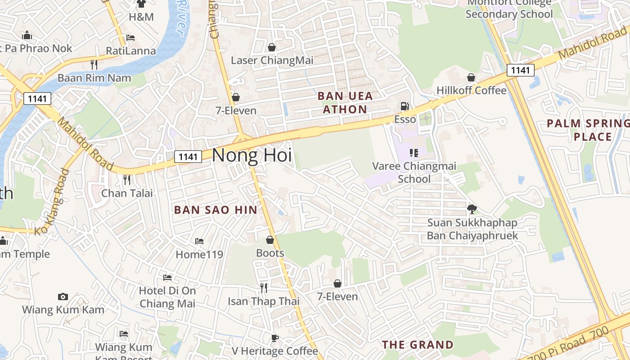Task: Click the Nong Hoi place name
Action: pos(252,155)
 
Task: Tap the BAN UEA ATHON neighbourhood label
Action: pos(345,103)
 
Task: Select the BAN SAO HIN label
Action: pos(216,210)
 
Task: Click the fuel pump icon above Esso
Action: pos(405,106)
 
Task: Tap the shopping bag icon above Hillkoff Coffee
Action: pos(471,78)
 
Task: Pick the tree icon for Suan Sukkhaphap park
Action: pos(472,209)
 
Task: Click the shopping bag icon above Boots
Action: pos(270,240)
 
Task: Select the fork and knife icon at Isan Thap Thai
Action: pos(264,288)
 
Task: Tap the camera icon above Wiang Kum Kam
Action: pos(63,297)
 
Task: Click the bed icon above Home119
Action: pos(199,242)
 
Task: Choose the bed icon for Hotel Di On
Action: pos(167,278)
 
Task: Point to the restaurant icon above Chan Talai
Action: pos(127,180)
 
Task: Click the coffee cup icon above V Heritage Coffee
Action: pos(274,338)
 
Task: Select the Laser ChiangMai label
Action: pos(272,60)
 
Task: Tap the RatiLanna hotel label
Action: pos(130,51)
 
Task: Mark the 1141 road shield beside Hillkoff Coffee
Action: pos(520,70)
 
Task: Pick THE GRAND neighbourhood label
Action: pos(418,345)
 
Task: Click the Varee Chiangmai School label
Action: pos(414,172)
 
